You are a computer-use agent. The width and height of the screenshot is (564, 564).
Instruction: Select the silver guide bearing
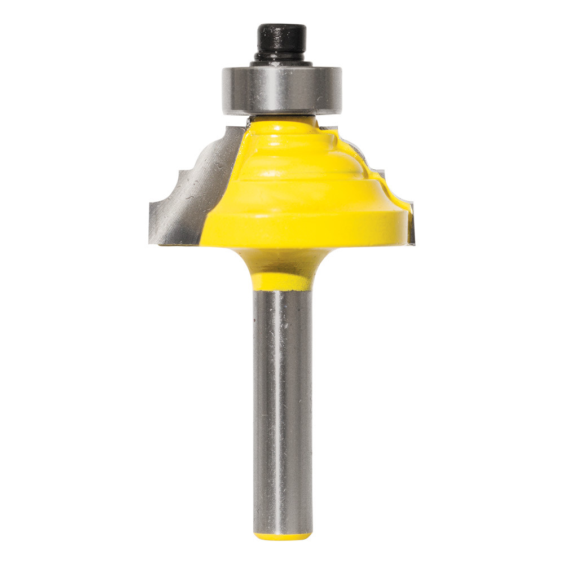(282, 90)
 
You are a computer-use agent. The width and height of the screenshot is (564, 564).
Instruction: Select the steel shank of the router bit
(282, 406)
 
